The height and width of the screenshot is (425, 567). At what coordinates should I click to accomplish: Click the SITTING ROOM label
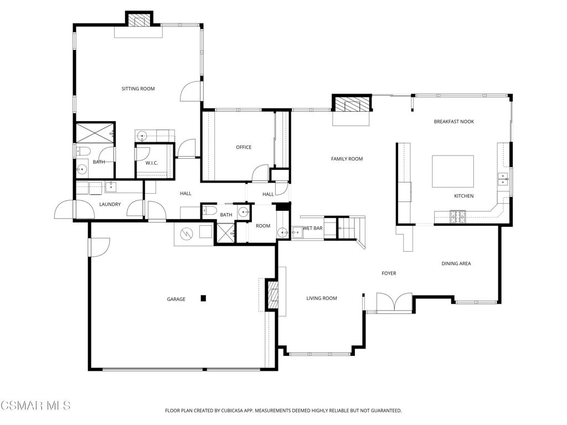coord(138,89)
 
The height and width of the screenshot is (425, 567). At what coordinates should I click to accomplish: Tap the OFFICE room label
coord(244,147)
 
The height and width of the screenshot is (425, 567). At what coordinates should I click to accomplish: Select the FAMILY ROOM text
coord(347,159)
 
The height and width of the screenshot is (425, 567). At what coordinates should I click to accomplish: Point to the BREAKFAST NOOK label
coord(453,121)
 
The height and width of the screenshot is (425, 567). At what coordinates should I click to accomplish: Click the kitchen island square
coord(452,172)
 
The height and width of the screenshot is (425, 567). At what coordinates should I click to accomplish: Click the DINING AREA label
coord(456,263)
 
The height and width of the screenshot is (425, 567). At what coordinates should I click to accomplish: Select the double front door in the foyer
coord(394,303)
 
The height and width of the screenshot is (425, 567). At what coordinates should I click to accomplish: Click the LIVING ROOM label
coord(322,298)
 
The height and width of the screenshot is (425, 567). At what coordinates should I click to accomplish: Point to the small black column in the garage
coord(203,298)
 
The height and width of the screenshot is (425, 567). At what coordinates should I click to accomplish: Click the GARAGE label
coord(176,299)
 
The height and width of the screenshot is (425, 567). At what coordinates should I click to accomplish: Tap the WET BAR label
coord(312,228)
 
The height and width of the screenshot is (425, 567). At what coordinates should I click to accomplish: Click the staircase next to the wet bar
coord(349,226)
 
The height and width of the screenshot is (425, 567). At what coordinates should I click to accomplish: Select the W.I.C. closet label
coord(152,163)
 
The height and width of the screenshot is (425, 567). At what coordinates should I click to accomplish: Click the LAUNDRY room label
coord(110,204)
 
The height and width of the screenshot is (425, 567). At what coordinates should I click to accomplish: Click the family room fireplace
coord(351,105)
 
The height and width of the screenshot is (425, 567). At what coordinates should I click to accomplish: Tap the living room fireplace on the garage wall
coord(272,295)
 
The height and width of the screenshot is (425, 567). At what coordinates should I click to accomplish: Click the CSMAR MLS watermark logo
coord(35,406)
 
